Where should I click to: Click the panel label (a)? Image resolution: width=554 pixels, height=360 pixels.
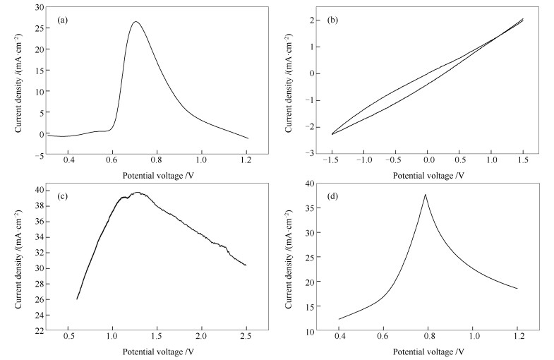(62, 20)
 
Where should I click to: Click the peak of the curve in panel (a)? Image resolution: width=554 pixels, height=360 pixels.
(136, 21)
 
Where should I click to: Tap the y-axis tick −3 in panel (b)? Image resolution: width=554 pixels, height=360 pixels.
(308, 152)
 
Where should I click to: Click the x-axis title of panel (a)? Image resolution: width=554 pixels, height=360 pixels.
(153, 174)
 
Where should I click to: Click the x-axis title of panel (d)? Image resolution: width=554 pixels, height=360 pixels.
(429, 352)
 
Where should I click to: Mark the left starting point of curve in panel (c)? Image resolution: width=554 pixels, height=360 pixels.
(77, 299)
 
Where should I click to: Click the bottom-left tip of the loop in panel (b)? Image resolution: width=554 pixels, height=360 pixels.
(332, 134)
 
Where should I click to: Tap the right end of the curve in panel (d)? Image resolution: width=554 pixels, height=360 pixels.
(517, 289)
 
